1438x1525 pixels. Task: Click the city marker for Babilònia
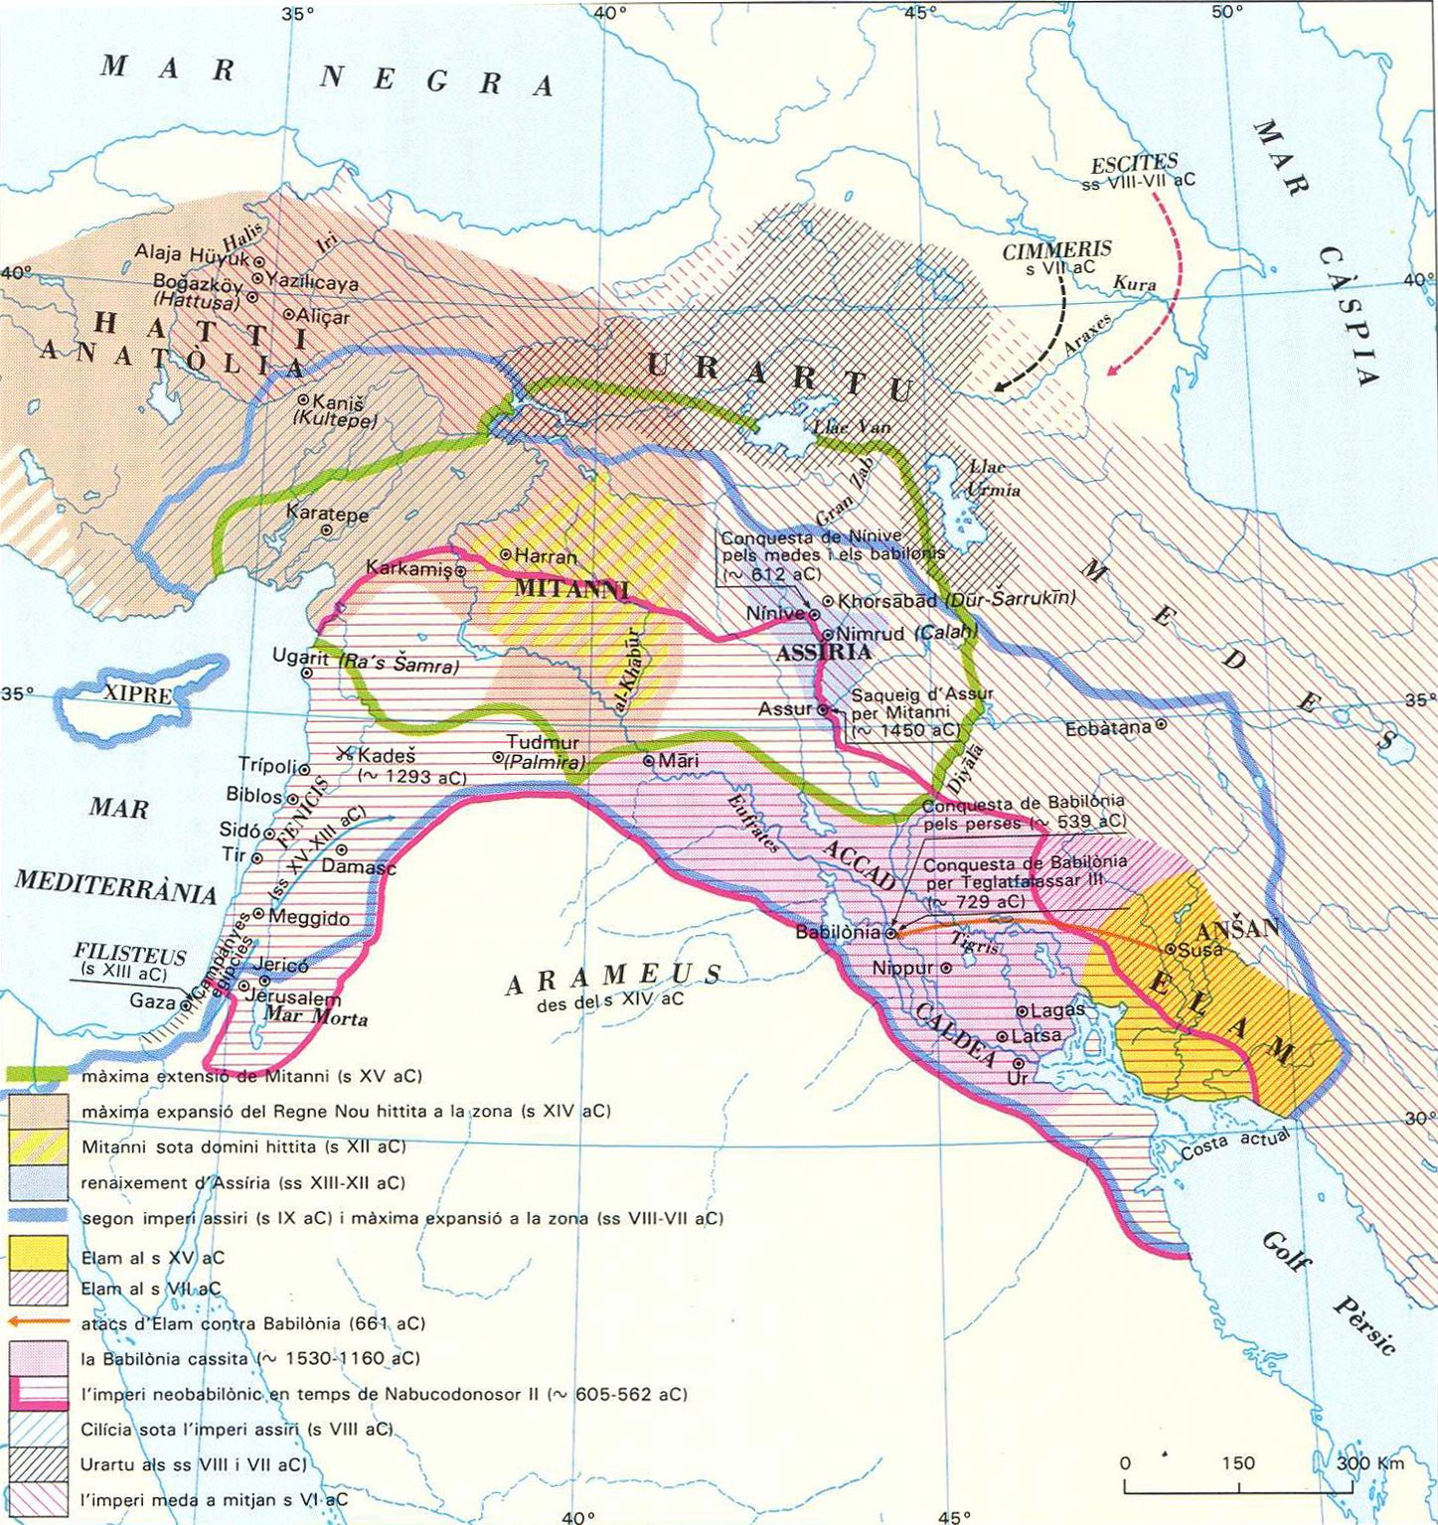point(891,933)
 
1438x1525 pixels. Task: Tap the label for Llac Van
point(851,426)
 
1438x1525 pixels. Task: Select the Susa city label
point(1198,949)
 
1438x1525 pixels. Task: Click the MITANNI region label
point(570,588)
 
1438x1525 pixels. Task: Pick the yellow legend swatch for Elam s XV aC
point(39,1254)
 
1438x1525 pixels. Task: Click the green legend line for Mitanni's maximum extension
point(39,1075)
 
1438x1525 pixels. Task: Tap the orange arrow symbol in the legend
point(39,1322)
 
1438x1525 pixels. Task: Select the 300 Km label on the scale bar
point(1369,1463)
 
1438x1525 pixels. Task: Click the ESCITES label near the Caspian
point(1133,163)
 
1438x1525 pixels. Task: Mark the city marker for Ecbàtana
point(1160,726)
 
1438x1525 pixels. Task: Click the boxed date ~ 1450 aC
point(905,729)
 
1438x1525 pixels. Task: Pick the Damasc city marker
point(342,849)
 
